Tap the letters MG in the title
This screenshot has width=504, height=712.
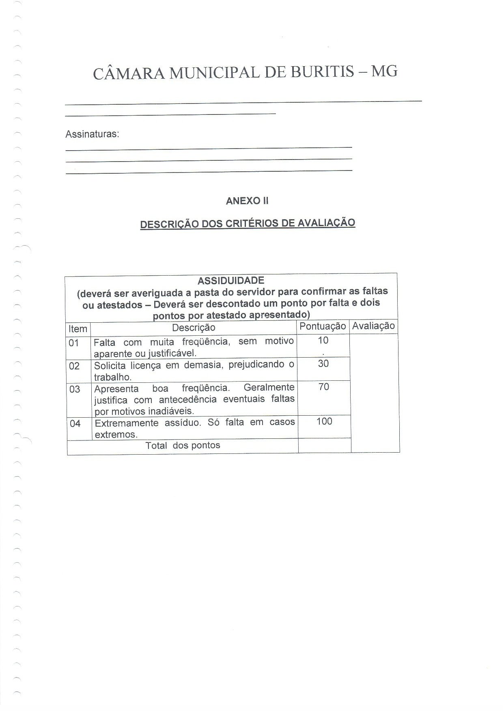tap(384, 71)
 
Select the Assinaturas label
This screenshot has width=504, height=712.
tap(92, 134)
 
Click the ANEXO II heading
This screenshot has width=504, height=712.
tap(247, 201)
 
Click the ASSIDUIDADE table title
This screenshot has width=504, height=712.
tap(230, 280)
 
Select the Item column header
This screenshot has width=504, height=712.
tap(78, 328)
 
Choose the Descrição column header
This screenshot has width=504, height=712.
tap(194, 328)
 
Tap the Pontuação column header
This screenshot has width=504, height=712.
tap(322, 326)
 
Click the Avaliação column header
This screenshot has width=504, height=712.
tap(373, 326)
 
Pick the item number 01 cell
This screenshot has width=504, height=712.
tap(74, 343)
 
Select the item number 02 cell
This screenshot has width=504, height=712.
tap(74, 366)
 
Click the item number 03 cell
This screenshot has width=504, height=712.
tap(75, 389)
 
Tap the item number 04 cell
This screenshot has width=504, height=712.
tap(75, 424)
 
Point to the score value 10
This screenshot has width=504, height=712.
tap(323, 340)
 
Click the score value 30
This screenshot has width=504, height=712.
tap(323, 363)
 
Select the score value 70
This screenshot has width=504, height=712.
tap(324, 386)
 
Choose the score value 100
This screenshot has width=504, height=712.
tap(324, 421)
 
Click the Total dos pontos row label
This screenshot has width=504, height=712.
tap(183, 445)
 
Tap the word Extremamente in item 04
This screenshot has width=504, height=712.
tap(126, 423)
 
